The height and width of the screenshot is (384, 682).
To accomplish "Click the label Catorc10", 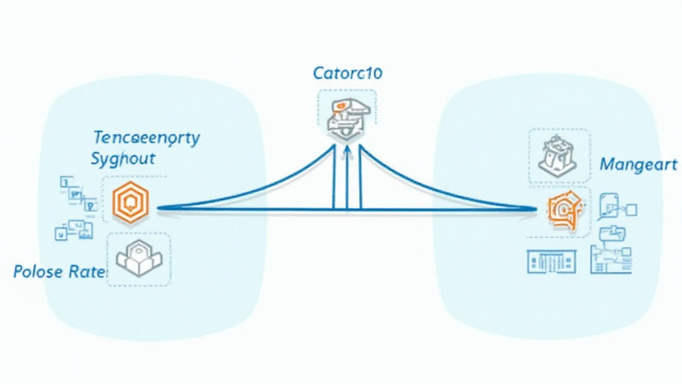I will (x=348, y=73).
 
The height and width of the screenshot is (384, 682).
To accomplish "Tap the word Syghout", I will (x=123, y=159).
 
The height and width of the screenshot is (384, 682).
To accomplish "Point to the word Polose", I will (x=39, y=272).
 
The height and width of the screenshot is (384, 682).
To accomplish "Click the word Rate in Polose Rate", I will (x=87, y=272).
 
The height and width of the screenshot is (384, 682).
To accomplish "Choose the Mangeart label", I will (x=638, y=164).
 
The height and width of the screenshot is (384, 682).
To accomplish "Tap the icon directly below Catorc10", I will (x=346, y=113).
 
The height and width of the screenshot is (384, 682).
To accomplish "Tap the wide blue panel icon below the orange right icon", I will (x=550, y=261).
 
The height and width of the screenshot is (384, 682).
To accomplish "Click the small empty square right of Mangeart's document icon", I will (x=631, y=210).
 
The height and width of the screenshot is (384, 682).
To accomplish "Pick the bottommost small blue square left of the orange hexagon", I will (x=60, y=233).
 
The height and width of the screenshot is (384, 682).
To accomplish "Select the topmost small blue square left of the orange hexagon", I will (x=66, y=180).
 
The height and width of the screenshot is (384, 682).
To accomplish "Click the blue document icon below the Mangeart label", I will (x=609, y=205).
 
